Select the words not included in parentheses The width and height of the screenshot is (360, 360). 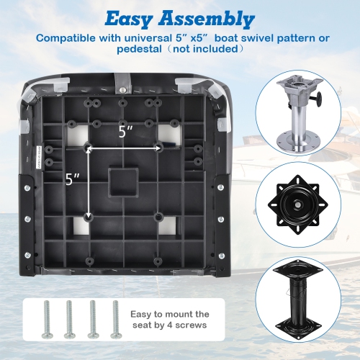click(209, 50)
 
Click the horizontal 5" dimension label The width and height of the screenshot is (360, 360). click(127, 132)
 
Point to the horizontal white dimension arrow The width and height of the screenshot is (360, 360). click(124, 146)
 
